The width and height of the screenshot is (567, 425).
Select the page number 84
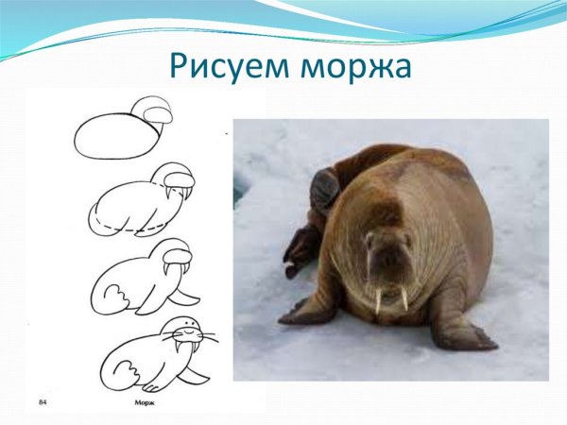pyautogui.click(x=43, y=403)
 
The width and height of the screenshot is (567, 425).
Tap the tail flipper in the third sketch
pyautogui.click(x=112, y=300)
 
